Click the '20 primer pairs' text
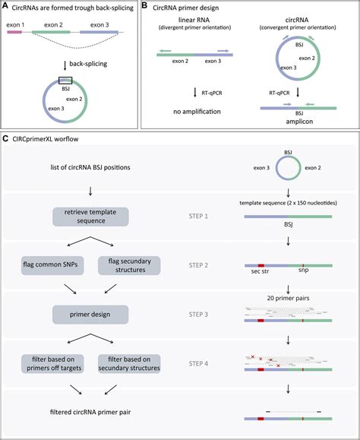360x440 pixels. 289,293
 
